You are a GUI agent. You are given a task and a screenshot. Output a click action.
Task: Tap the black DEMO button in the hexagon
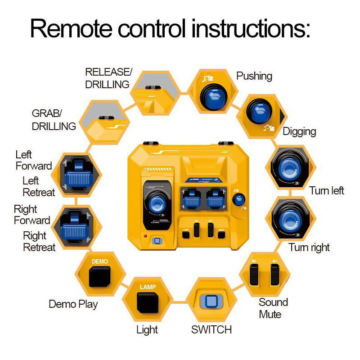(x=99, y=277)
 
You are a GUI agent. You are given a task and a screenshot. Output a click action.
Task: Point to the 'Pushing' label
(x=254, y=76)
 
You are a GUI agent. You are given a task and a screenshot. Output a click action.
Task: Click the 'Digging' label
(x=299, y=131)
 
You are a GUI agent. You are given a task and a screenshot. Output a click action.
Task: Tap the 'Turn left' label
(x=327, y=190)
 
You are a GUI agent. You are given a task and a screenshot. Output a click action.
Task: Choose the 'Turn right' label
(x=309, y=247)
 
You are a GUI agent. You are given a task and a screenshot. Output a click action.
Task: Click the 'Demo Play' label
(x=73, y=304)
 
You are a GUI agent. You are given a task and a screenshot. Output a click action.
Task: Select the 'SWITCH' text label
(x=211, y=329)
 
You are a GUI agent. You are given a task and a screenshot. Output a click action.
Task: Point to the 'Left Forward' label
(x=34, y=160)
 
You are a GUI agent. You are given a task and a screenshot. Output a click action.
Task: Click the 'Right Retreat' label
(x=39, y=242)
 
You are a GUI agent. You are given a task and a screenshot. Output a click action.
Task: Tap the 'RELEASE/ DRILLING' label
(x=108, y=78)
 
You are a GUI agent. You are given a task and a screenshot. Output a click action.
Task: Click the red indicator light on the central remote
(x=145, y=236)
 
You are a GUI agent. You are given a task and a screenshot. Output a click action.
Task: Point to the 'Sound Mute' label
(x=273, y=308)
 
